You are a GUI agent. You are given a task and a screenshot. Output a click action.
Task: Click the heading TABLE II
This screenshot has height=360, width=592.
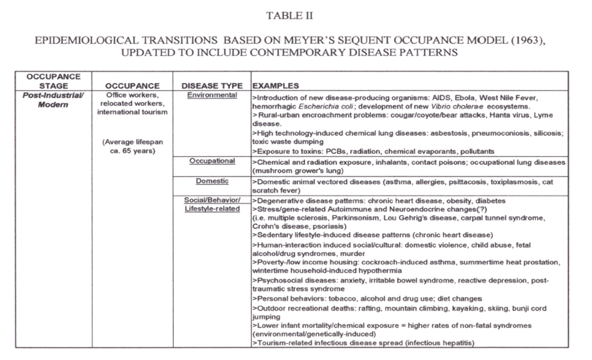tap(289, 16)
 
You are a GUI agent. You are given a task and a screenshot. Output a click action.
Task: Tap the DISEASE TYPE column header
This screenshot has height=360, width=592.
tap(212, 86)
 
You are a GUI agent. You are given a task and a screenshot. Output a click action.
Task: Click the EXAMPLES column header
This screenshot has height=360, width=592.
tap(276, 86)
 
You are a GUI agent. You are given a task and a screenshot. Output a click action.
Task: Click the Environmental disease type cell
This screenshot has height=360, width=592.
tap(212, 95)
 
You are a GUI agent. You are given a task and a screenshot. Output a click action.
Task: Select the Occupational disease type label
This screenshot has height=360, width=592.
tap(212, 161)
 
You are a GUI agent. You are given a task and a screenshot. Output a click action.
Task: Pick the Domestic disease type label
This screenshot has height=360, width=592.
tap(212, 181)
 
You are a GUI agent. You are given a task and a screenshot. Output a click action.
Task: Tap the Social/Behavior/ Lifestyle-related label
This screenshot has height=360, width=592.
tap(212, 204)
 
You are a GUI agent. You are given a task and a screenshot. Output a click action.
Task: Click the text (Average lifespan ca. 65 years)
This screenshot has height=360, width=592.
tap(132, 146)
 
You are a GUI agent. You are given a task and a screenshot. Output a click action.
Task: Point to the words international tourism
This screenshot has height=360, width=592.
tap(132, 112)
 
